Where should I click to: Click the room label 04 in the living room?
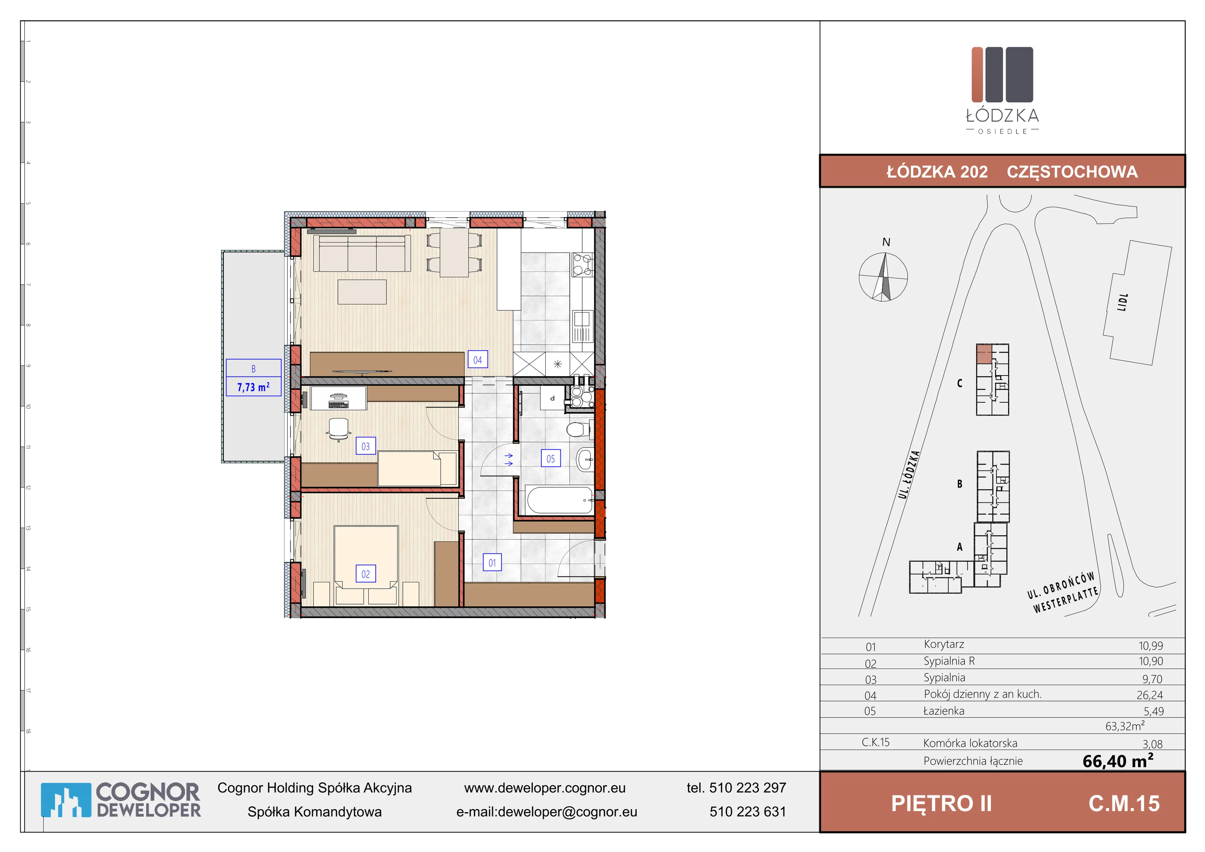point(477,360)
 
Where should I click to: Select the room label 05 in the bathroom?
point(551,458)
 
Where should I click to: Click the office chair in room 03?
point(339,429)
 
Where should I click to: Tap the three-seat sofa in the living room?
point(362,253)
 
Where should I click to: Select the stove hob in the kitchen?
point(582,264)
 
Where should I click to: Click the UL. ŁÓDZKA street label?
point(909,475)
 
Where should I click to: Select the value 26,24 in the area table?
point(1150,695)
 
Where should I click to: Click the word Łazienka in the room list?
point(944,711)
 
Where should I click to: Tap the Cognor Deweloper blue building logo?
point(66,800)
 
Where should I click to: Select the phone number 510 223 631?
point(748,812)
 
